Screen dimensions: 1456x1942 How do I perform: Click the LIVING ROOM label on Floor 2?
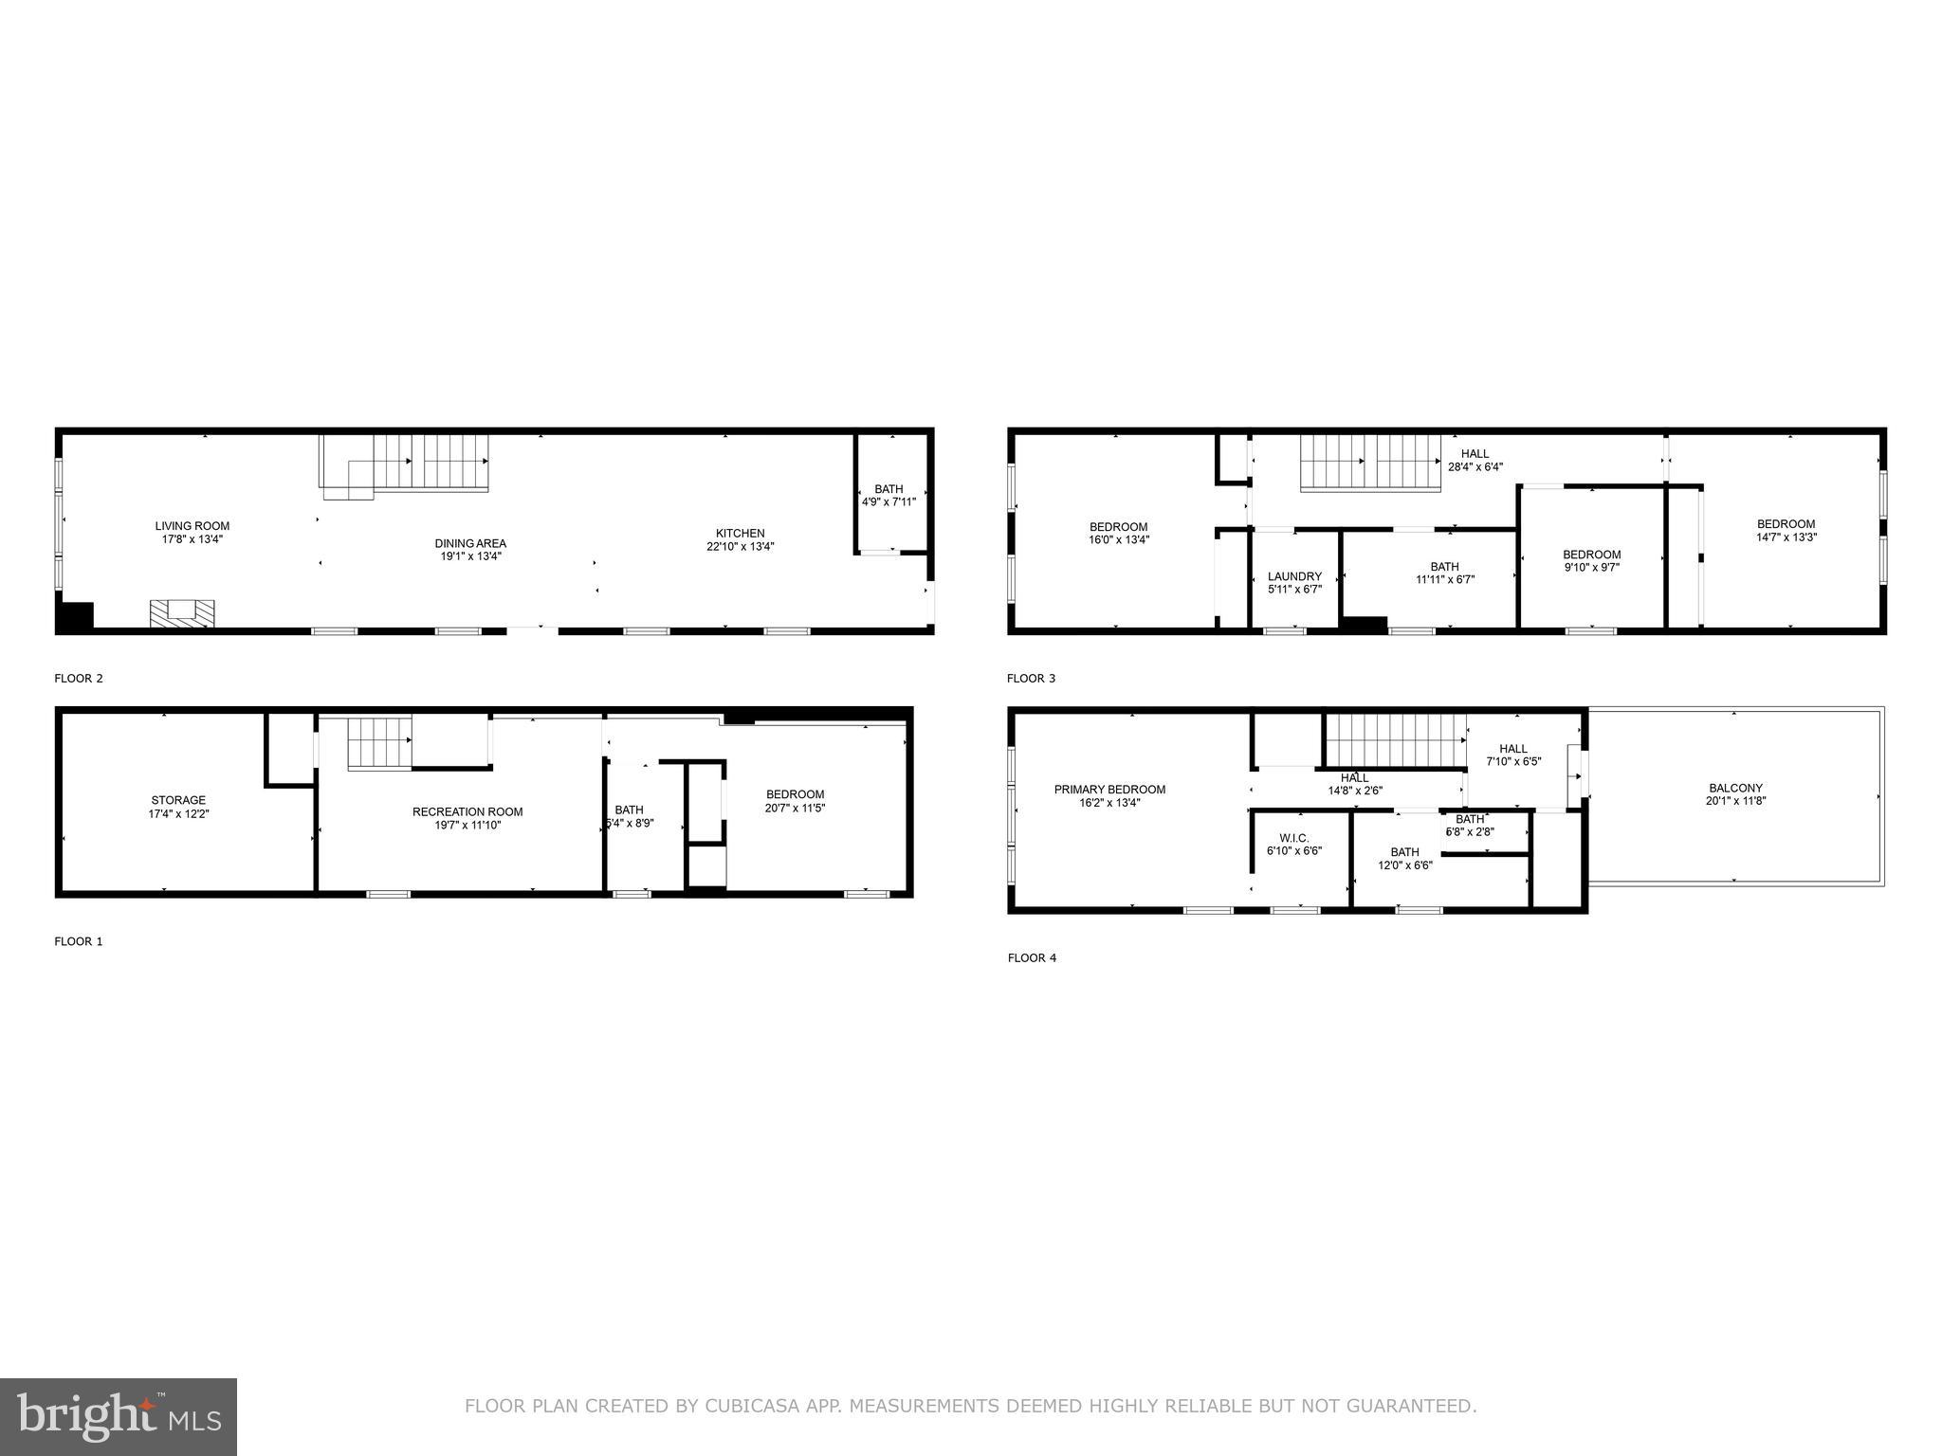tap(192, 526)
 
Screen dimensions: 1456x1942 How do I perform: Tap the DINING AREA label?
tap(470, 543)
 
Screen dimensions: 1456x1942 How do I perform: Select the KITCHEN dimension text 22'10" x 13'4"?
tap(740, 546)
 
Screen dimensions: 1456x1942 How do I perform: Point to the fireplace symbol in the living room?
tap(182, 613)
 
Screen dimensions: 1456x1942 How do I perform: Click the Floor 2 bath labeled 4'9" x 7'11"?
tap(889, 495)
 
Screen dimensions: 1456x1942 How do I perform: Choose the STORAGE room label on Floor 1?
tap(178, 801)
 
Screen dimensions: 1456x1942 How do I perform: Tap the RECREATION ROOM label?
tap(467, 811)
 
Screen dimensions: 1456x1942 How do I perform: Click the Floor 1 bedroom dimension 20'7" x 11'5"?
tap(795, 809)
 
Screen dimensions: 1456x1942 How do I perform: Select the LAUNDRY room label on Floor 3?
tap(1294, 576)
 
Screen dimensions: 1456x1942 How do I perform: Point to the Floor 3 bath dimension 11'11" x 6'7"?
tap(1444, 579)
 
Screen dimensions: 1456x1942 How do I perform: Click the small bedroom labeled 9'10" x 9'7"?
tap(1591, 561)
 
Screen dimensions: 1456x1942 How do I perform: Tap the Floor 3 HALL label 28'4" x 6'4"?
tap(1475, 460)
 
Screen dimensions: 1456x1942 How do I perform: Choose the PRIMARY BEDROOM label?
tap(1109, 790)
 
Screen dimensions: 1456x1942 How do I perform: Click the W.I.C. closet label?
tap(1293, 838)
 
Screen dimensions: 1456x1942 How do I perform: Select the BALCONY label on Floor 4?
tap(1735, 788)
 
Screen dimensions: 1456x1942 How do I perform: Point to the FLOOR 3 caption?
tap(1031, 679)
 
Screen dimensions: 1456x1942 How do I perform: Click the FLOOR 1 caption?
tap(79, 941)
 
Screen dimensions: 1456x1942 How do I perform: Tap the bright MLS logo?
tap(119, 1416)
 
